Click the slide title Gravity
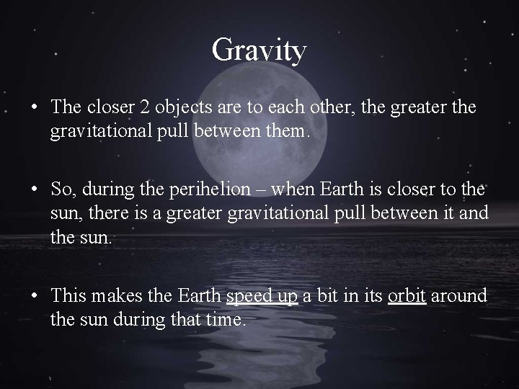(259, 50)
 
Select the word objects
(189, 108)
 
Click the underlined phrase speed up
(263, 296)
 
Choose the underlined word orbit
(407, 295)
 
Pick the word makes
(122, 295)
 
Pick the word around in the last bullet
(461, 295)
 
